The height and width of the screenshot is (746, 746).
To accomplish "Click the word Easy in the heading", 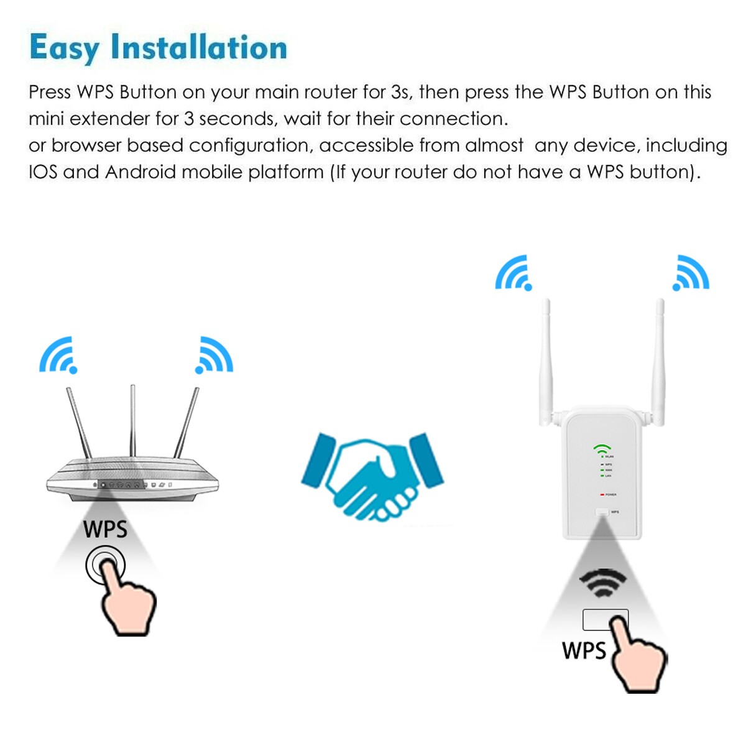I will pyautogui.click(x=64, y=48).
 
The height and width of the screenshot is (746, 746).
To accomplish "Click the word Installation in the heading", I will pyautogui.click(x=199, y=48).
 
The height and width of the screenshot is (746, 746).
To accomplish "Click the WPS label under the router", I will pyautogui.click(x=105, y=530).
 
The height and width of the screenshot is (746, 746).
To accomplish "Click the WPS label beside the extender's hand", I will pyautogui.click(x=584, y=651).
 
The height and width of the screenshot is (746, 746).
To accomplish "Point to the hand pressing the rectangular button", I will pyautogui.click(x=637, y=656).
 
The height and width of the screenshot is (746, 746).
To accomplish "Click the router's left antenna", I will pyautogui.click(x=79, y=423).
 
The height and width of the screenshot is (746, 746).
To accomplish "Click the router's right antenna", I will pyautogui.click(x=186, y=423).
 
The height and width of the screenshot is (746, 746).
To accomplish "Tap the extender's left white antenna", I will pyautogui.click(x=547, y=361).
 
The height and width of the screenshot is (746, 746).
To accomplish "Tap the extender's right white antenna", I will pyautogui.click(x=658, y=361).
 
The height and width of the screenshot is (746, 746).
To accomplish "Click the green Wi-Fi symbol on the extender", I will pyautogui.click(x=602, y=448).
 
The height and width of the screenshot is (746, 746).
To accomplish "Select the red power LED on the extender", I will pyautogui.click(x=602, y=494).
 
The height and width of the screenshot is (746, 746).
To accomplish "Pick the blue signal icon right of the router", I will pyautogui.click(x=214, y=356).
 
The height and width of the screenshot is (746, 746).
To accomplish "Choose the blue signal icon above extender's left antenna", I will pyautogui.click(x=513, y=273).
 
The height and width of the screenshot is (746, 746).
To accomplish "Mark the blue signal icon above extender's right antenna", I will pyautogui.click(x=691, y=273).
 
